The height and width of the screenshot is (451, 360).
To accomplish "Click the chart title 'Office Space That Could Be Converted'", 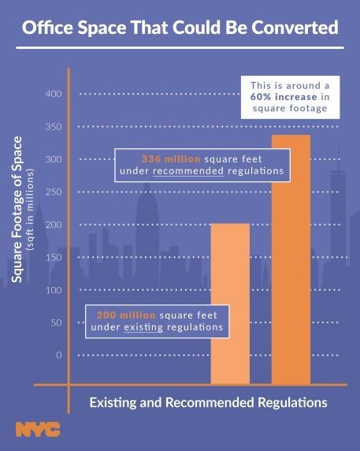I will click(x=180, y=29).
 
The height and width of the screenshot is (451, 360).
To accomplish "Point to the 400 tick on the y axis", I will click(x=53, y=95).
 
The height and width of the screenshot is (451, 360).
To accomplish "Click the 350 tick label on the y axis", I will click(x=53, y=127).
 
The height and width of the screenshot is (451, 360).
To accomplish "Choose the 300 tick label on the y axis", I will click(x=53, y=159).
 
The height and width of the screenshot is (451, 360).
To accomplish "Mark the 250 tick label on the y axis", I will click(x=53, y=192).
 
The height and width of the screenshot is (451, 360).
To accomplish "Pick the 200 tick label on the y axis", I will click(x=53, y=225).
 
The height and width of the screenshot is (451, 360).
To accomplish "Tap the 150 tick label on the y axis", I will click(x=53, y=258).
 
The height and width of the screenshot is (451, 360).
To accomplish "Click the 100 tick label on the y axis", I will click(x=53, y=290).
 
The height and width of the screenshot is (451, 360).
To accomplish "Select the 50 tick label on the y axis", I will click(x=55, y=323).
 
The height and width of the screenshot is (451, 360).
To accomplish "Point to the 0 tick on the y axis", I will click(x=58, y=356).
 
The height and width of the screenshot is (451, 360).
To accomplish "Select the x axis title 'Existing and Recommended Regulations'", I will click(x=206, y=402).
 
